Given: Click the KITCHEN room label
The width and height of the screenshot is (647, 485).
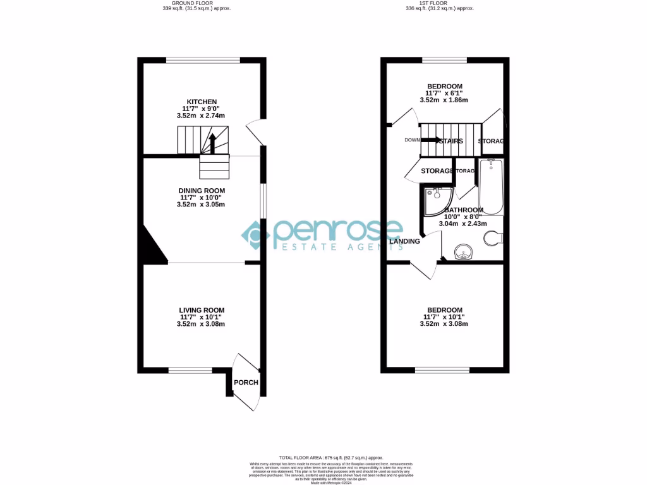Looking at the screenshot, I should pos(202,102).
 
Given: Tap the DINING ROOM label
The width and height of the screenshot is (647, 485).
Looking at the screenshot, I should pos(202,190).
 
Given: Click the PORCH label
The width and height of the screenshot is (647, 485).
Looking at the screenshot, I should pos(246,383).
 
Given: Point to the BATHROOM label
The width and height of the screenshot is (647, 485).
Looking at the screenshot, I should pos(464,210).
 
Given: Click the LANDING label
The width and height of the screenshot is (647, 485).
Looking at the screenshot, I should pos(404,241).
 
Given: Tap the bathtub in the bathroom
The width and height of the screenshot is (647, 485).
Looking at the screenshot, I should pos(491,187).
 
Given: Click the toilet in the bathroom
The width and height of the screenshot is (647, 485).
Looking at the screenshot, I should pos(493,238).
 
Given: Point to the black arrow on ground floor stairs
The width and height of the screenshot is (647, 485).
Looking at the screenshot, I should pos(212,143).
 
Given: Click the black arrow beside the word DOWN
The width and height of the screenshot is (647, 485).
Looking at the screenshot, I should pos(432,140).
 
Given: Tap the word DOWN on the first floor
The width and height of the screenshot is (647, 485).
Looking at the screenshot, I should pos(412,140).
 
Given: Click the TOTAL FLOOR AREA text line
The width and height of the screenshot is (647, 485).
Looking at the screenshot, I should pos(331,457).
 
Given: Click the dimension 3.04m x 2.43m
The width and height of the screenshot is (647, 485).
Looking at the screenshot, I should pos(464,223).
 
